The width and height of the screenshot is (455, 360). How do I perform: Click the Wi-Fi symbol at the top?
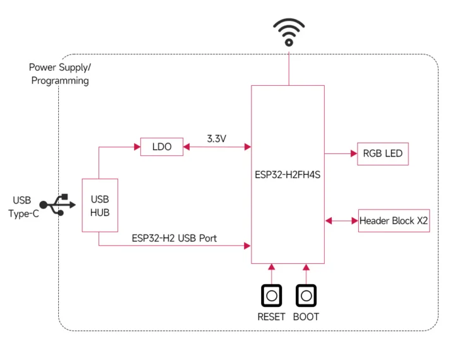tap(289, 32)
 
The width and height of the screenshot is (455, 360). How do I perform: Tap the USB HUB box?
tap(99, 205)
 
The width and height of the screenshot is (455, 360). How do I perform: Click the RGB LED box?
tap(382, 153)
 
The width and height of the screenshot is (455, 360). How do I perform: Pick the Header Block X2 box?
tap(394, 220)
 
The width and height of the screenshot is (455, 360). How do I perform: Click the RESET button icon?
tap(271, 295)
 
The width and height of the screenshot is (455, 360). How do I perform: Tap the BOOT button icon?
tap(306, 295)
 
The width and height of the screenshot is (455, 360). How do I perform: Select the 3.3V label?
tap(216, 137)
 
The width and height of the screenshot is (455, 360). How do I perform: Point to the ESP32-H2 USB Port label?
tap(174, 239)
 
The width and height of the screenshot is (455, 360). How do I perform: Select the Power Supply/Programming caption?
tap(59, 74)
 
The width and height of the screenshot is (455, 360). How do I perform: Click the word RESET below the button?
tap(271, 316)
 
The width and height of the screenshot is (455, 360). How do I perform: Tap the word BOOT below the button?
tap(306, 316)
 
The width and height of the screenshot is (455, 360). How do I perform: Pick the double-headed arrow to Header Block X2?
tap(341, 220)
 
